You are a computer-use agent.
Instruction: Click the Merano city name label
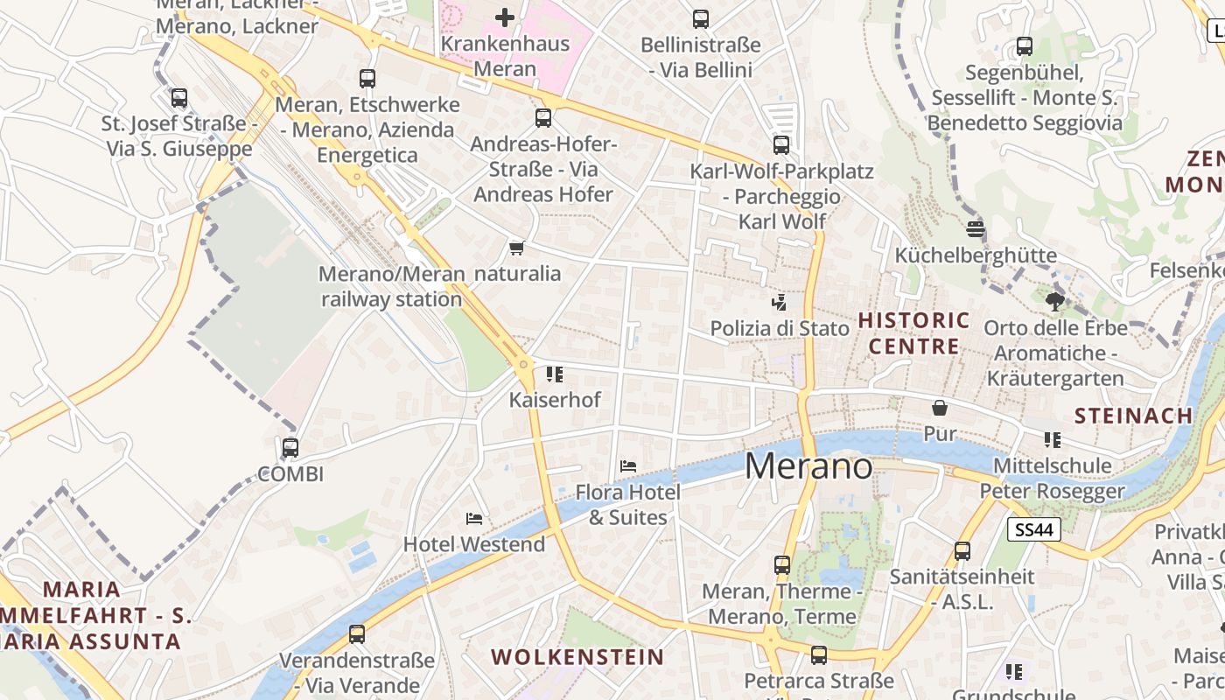(808, 466)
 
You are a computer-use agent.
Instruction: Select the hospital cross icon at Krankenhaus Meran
(505, 17)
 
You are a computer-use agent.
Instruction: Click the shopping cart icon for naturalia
(516, 248)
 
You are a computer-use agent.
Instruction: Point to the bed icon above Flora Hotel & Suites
(627, 465)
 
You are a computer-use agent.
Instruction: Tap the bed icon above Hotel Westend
(474, 518)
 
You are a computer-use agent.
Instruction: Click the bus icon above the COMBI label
(290, 447)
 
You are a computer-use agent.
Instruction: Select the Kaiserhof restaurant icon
(555, 374)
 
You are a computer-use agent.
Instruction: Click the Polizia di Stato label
(780, 328)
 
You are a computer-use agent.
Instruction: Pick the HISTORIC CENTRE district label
(914, 333)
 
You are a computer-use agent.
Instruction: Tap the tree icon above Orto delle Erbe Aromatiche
(1055, 302)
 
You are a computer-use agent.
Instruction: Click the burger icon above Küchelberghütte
(976, 229)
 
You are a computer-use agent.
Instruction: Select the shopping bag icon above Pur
(940, 408)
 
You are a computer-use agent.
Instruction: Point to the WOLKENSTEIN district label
(577, 657)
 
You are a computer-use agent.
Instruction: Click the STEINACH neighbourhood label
(1133, 416)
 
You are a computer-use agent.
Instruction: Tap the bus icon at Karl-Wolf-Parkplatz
(781, 145)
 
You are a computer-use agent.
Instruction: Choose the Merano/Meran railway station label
(391, 286)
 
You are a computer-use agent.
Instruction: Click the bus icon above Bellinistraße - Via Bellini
(700, 19)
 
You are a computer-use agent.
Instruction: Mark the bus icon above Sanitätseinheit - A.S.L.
(962, 550)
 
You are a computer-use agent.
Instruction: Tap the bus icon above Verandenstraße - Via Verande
(357, 633)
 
